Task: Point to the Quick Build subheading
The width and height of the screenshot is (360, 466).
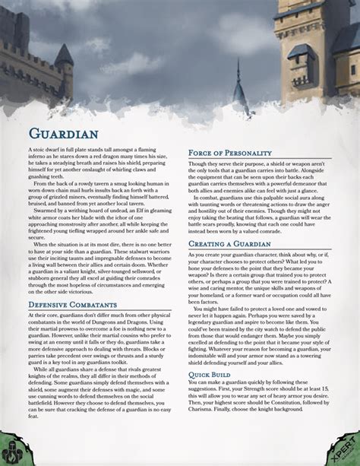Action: tap(212, 375)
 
